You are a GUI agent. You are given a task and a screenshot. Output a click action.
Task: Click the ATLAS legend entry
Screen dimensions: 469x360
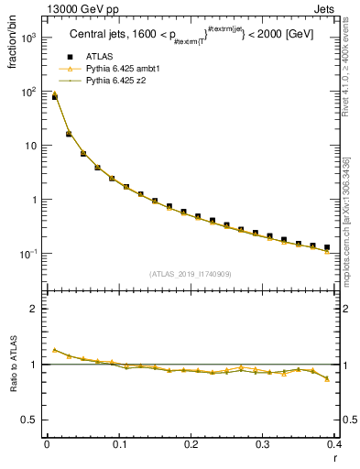(x=98, y=58)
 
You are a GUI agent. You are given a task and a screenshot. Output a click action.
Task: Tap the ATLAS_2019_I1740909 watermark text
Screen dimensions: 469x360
(x=190, y=274)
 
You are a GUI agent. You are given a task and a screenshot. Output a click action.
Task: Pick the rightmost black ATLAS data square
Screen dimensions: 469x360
(x=327, y=247)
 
